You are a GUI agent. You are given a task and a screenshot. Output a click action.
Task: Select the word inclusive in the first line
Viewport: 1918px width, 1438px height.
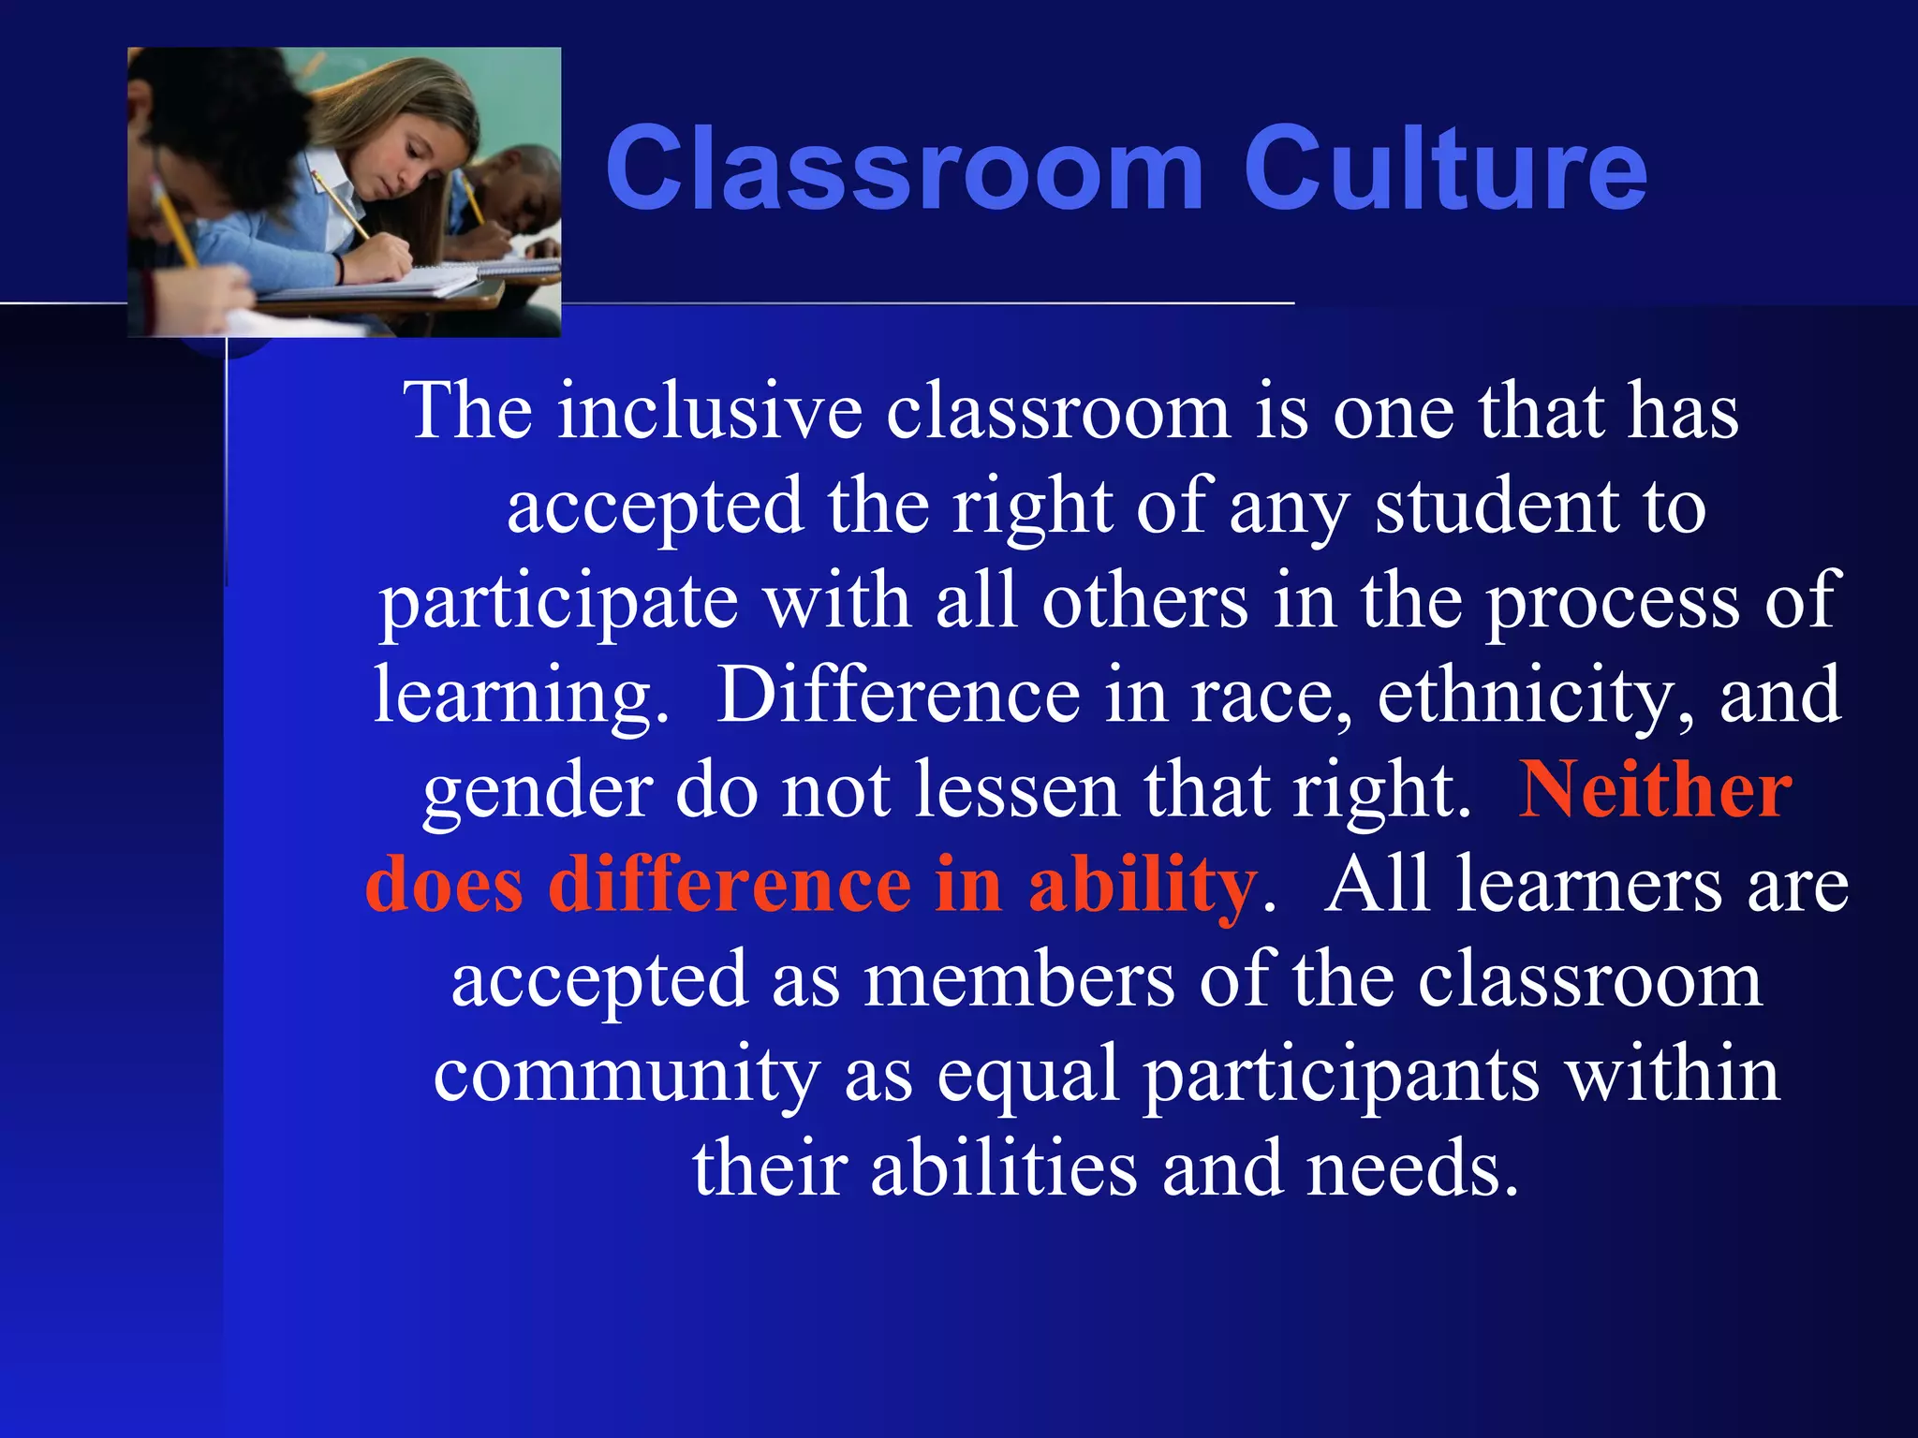point(709,412)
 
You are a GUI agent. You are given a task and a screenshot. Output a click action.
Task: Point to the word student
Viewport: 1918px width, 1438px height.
point(1497,507)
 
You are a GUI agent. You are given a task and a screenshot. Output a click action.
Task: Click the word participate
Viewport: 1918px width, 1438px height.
point(558,603)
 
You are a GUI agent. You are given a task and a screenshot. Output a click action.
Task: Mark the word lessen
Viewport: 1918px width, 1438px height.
point(1016,792)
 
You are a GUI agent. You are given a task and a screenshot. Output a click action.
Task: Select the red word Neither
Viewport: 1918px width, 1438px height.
point(1655,792)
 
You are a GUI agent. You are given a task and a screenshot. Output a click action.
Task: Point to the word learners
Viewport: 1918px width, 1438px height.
point(1588,886)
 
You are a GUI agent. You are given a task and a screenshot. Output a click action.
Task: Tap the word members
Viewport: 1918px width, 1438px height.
point(1019,981)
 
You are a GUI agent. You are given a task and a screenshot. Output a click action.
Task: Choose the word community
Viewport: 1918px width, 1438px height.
point(627,1077)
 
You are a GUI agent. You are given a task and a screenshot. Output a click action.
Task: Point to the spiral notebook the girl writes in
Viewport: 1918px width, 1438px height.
point(412,281)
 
